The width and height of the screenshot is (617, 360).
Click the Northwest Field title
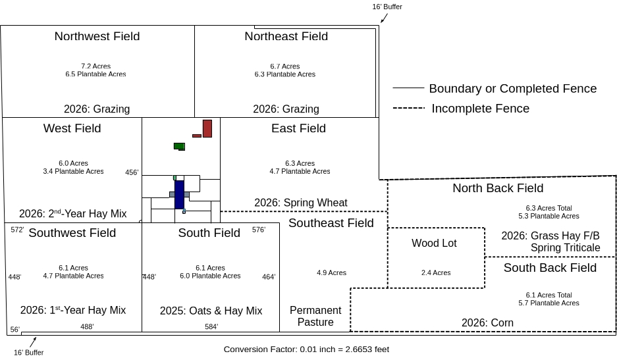(x=97, y=36)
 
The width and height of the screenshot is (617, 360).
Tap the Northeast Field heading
(x=286, y=36)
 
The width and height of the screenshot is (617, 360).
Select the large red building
(x=207, y=128)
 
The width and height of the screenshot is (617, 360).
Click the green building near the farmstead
(x=179, y=145)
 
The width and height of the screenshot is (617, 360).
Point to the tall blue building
(x=179, y=194)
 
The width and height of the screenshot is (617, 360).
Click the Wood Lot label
(x=434, y=244)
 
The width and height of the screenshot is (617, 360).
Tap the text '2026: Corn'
(x=487, y=323)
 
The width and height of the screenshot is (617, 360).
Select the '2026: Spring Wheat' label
(x=301, y=203)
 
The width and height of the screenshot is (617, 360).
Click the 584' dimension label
(x=211, y=326)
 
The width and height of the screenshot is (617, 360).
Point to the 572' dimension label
(x=18, y=230)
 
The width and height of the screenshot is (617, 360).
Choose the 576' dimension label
(x=259, y=230)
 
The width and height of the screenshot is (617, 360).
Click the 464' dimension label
(x=269, y=277)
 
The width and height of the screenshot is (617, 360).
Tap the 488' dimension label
(x=87, y=326)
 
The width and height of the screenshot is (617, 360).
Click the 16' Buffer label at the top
(x=387, y=7)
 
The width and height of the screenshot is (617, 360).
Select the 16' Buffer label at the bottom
(x=29, y=353)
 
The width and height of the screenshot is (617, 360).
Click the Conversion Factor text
(x=306, y=349)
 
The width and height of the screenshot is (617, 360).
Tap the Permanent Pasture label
(x=315, y=316)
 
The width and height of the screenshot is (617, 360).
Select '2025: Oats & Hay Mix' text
(x=211, y=311)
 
